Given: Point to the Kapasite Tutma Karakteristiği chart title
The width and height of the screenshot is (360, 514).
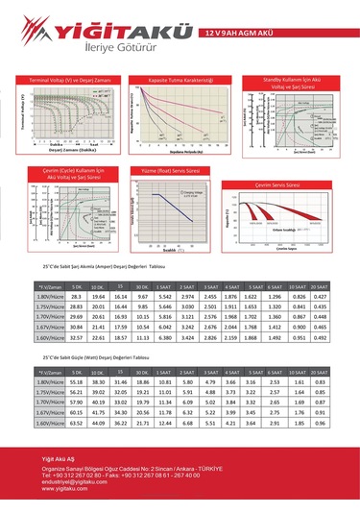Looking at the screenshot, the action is pos(179,80).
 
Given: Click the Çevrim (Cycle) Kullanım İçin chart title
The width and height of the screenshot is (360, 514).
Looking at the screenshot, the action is pos(61,173).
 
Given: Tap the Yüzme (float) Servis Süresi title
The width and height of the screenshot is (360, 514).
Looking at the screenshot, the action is pos(178,170).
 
